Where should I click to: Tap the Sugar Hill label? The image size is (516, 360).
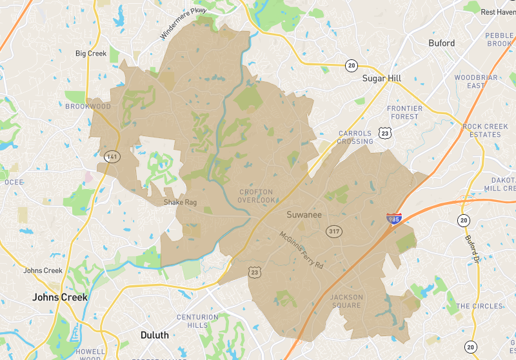click(x=382, y=78)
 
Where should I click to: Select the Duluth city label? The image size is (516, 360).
click(x=154, y=335)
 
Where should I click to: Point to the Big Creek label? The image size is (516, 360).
click(x=90, y=54)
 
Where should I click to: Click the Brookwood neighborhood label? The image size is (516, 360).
click(x=88, y=106)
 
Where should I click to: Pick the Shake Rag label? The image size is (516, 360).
click(x=180, y=203)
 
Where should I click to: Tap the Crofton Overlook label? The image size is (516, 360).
click(x=256, y=196)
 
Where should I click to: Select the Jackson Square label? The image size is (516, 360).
click(x=346, y=301)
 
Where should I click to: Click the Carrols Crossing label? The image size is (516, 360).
click(x=355, y=137)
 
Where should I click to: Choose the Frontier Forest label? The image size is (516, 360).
click(x=403, y=112)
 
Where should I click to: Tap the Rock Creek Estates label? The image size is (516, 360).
click(x=482, y=130)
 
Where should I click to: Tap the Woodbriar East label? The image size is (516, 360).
click(x=476, y=81)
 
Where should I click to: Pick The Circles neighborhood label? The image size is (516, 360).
click(x=479, y=306)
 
